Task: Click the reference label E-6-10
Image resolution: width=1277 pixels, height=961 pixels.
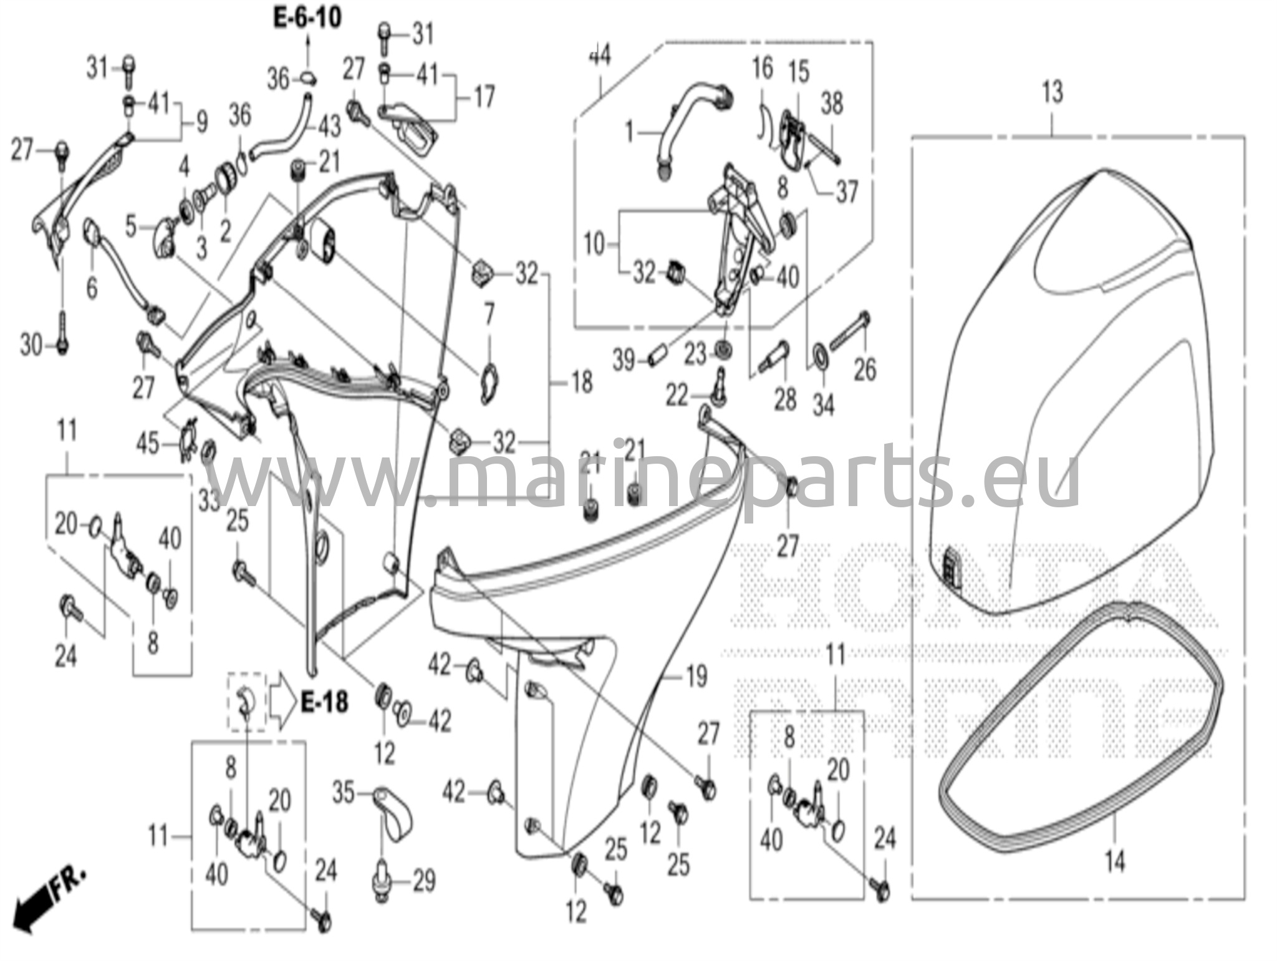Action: (x=307, y=18)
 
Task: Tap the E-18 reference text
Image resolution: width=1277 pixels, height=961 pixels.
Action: (x=324, y=703)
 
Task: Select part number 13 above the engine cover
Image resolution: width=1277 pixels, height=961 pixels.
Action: (x=1052, y=93)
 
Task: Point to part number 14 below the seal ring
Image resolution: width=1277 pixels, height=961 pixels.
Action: (x=1115, y=861)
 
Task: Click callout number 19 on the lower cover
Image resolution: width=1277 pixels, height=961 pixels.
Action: (x=696, y=676)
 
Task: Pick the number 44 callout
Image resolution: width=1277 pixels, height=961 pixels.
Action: (x=599, y=55)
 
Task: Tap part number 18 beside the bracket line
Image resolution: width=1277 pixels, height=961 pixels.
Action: (x=581, y=382)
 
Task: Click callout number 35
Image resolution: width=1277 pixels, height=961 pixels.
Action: (x=343, y=793)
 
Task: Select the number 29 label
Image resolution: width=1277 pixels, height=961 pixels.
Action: (x=424, y=881)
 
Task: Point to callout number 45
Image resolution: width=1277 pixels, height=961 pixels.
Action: (x=148, y=444)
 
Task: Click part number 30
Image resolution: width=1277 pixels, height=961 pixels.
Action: (x=31, y=345)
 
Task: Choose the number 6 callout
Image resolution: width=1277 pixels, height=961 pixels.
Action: (x=92, y=287)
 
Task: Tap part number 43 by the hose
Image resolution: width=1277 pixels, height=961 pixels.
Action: (x=329, y=127)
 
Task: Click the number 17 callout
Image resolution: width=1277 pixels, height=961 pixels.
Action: (x=484, y=97)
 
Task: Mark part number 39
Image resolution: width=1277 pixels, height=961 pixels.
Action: (x=623, y=360)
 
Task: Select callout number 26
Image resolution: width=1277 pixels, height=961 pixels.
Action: (x=864, y=369)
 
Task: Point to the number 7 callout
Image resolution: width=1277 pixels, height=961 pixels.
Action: (x=489, y=314)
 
